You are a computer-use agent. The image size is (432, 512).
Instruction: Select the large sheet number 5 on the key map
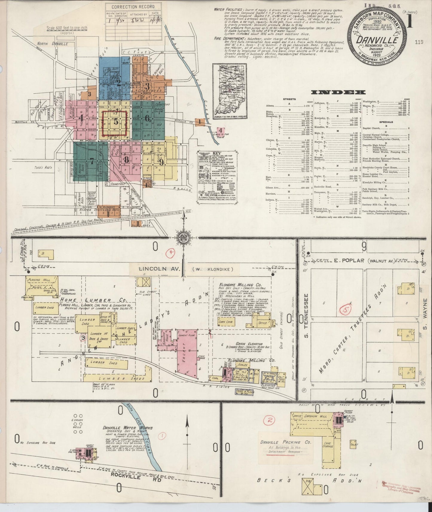pyautogui.click(x=116, y=122)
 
